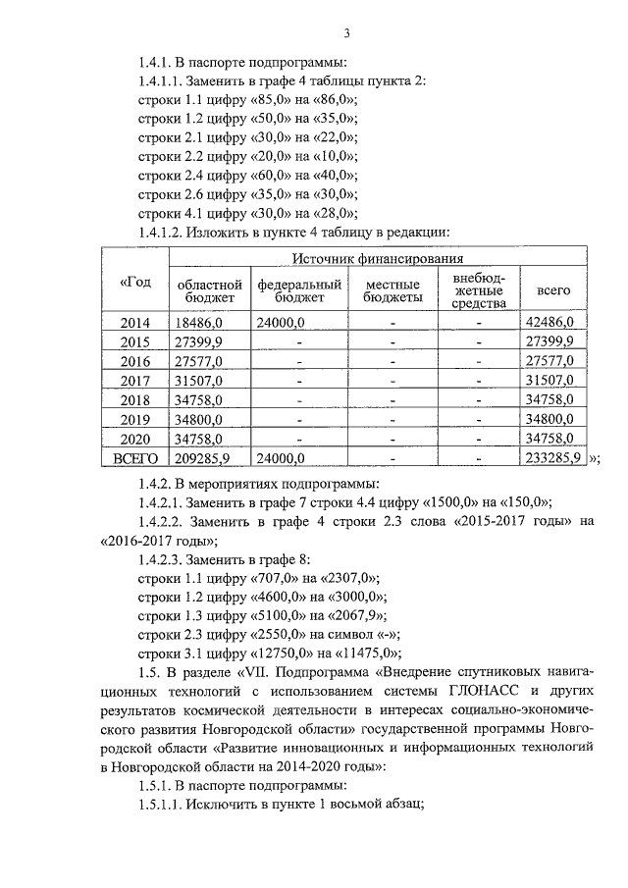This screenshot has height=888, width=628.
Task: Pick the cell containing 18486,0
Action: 200,322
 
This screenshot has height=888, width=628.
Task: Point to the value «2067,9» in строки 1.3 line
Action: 358,616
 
